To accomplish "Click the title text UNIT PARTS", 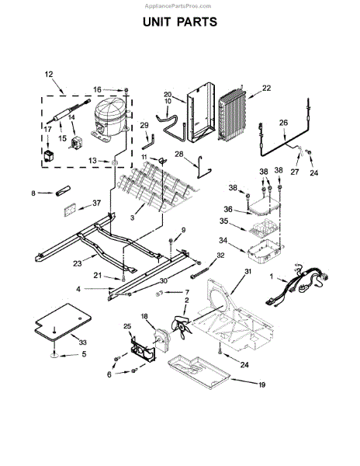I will pyautogui.click(x=179, y=23).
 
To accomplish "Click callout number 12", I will pyautogui.click(x=49, y=74).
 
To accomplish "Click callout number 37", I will pyautogui.click(x=96, y=203).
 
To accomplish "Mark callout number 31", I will pyautogui.click(x=248, y=271).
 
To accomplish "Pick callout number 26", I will pyautogui.click(x=283, y=122).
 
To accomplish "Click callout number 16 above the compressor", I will pyautogui.click(x=98, y=89).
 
